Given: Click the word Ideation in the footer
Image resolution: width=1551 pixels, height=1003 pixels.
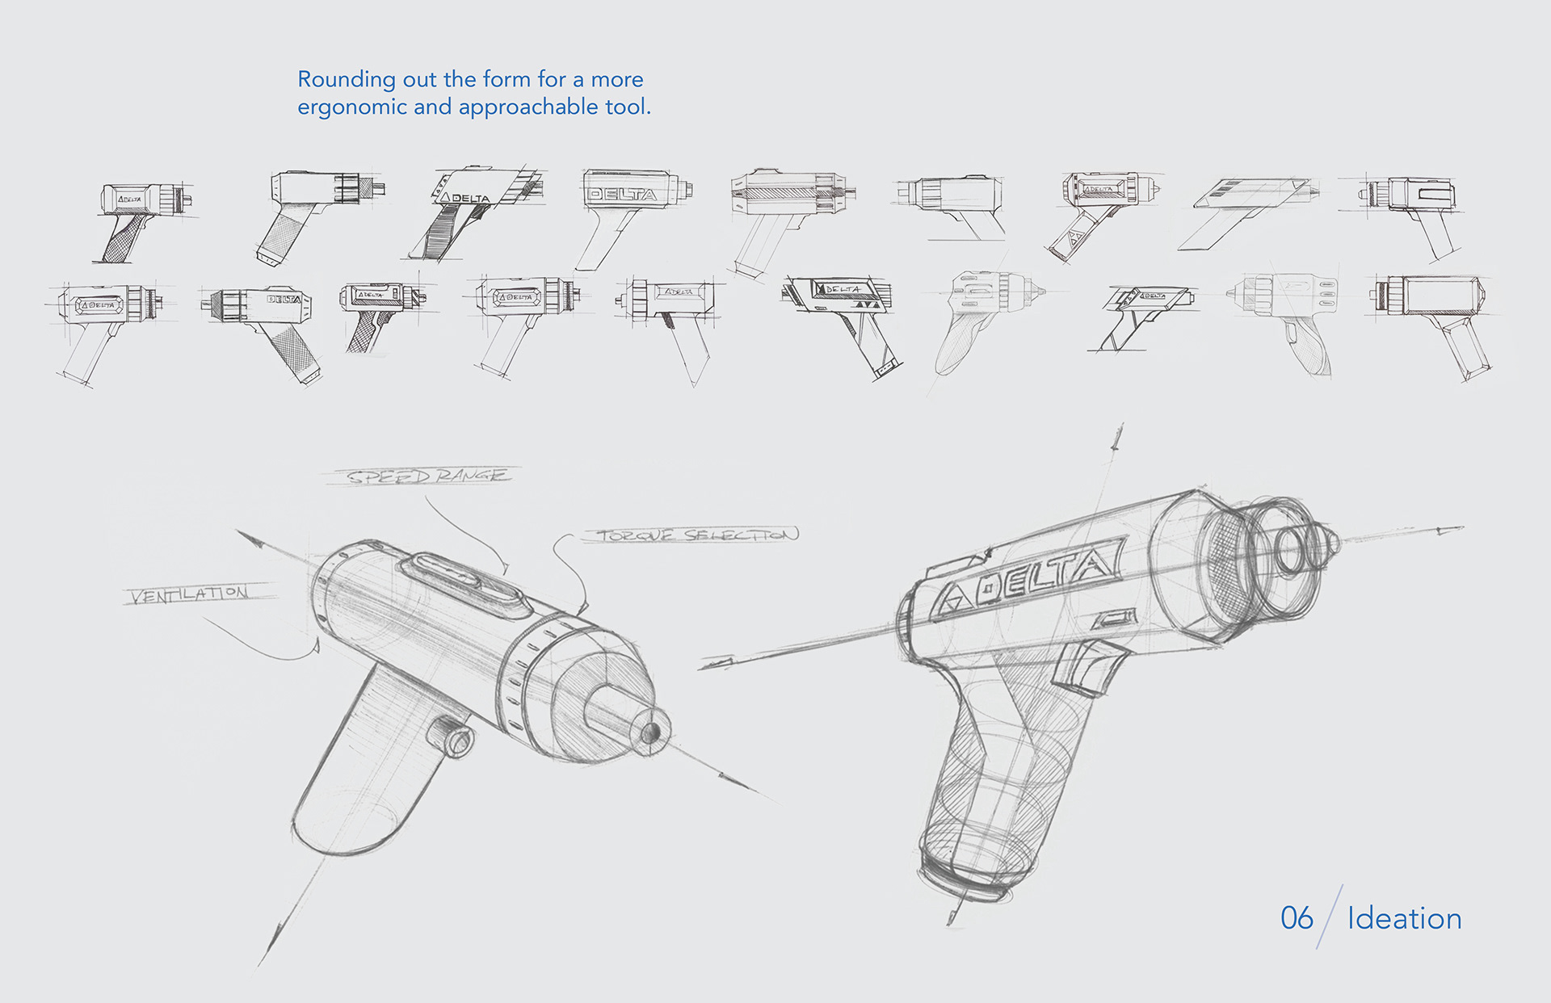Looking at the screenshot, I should [x=1404, y=919].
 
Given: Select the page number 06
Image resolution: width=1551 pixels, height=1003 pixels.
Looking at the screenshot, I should [x=1297, y=918].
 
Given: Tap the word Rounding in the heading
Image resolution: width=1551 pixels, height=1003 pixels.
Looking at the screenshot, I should [x=335, y=79].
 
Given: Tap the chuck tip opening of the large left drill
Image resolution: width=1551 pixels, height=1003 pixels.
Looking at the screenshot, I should [x=650, y=732].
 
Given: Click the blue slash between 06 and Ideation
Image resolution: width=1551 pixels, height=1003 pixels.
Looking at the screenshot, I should [x=1329, y=917].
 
